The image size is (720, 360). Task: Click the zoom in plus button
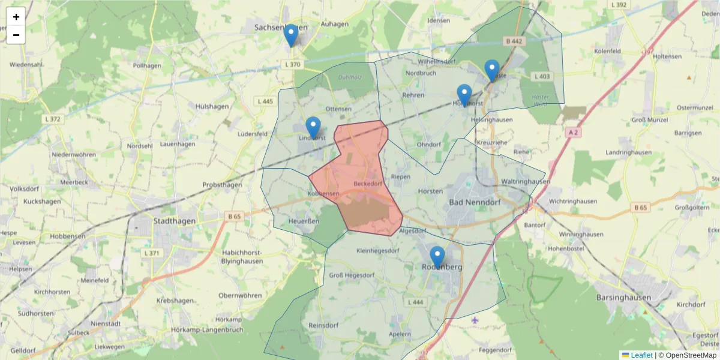tap(16, 17)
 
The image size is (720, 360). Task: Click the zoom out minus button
tap(16, 35)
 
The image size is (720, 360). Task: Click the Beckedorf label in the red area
tap(368, 183)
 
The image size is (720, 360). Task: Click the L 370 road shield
tap(292, 64)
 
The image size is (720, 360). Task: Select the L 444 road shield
tap(415, 302)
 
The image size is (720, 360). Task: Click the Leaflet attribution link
tap(641, 355)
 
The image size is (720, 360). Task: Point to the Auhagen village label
tap(335, 24)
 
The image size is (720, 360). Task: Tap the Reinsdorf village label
tap(320, 325)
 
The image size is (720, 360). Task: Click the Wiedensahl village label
tap(26, 64)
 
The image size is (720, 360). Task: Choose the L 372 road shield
tap(52, 119)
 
